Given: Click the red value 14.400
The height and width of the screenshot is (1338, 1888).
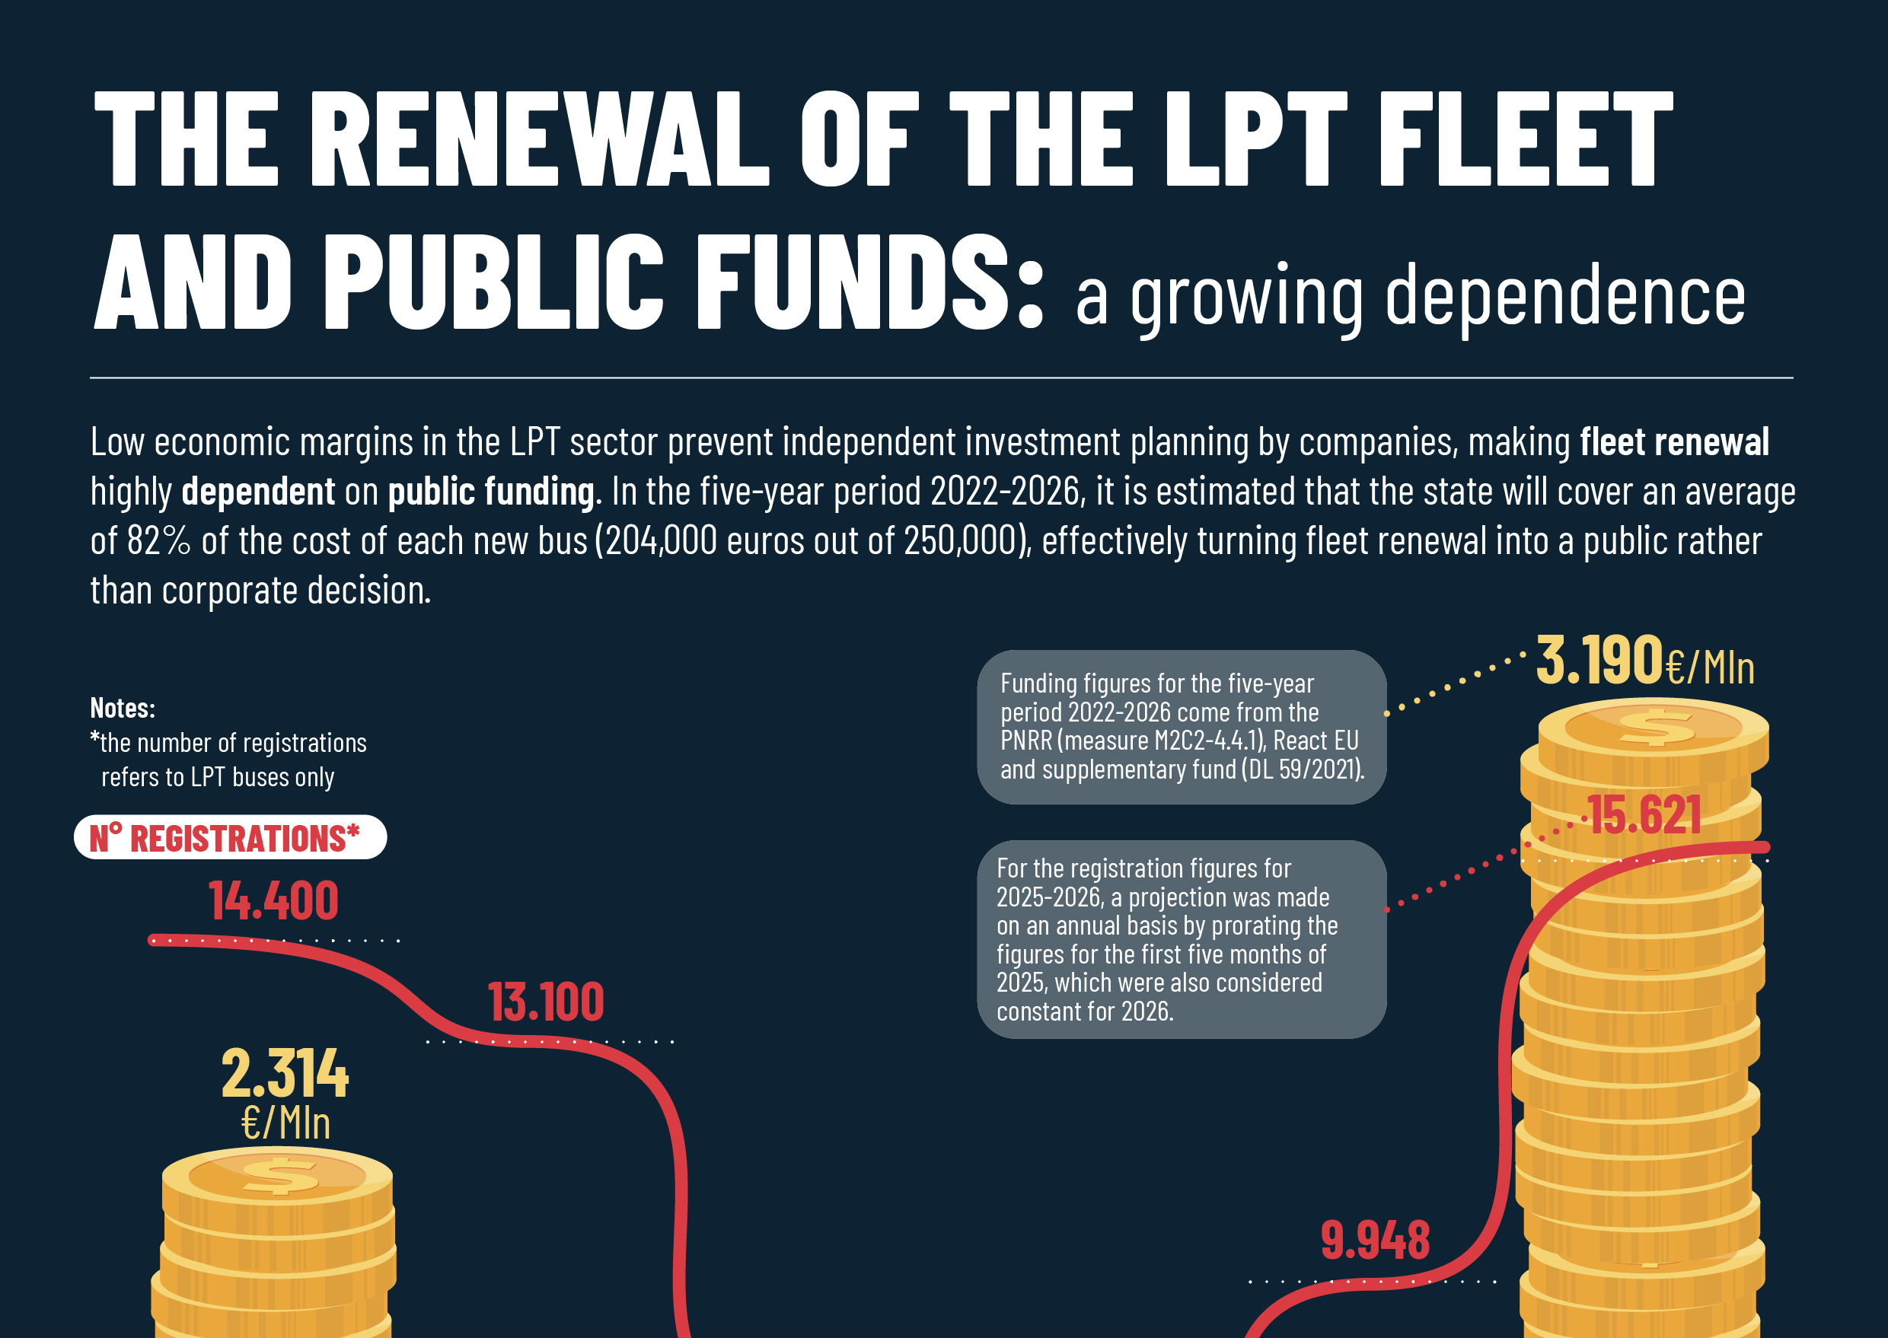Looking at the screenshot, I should (273, 900).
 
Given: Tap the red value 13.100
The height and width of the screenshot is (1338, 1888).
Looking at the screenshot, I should (546, 1002).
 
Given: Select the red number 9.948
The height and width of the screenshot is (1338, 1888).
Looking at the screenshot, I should (1375, 1241).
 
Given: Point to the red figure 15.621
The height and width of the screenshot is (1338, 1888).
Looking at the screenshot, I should (1644, 816).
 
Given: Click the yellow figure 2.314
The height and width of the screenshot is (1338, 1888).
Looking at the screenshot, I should (284, 1075).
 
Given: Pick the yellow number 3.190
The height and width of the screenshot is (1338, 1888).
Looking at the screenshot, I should (1599, 661).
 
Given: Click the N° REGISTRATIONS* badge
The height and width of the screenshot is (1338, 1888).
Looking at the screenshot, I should (229, 838).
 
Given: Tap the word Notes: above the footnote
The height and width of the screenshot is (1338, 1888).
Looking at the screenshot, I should (122, 708).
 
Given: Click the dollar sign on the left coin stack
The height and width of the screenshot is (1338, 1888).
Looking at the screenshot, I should (280, 1175).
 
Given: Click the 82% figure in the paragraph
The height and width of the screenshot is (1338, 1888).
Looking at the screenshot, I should (158, 541).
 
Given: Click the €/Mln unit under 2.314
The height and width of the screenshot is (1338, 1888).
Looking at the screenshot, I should (285, 1123).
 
